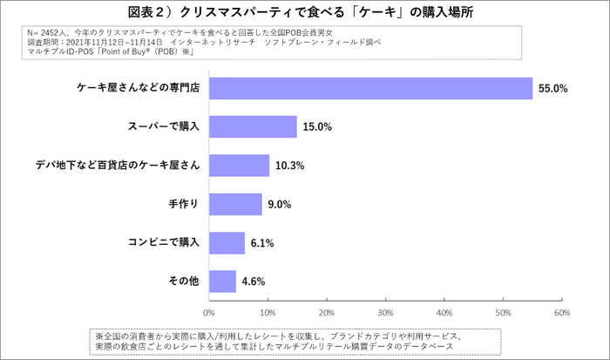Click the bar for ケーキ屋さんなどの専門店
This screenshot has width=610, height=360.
370,88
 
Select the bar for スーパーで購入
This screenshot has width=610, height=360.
253,127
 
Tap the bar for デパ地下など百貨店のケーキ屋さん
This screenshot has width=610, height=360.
239,166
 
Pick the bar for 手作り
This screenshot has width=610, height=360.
235,204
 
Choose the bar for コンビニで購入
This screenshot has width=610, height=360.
227,242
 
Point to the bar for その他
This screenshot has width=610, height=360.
222,281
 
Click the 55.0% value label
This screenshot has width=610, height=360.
552,88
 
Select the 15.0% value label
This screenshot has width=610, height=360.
317,127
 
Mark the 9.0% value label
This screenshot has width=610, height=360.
279,204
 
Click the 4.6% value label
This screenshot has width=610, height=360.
253,281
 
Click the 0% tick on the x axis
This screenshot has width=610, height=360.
209,311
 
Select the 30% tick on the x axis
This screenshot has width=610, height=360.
385,311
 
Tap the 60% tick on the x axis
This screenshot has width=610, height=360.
561,311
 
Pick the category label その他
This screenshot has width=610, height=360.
184,281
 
